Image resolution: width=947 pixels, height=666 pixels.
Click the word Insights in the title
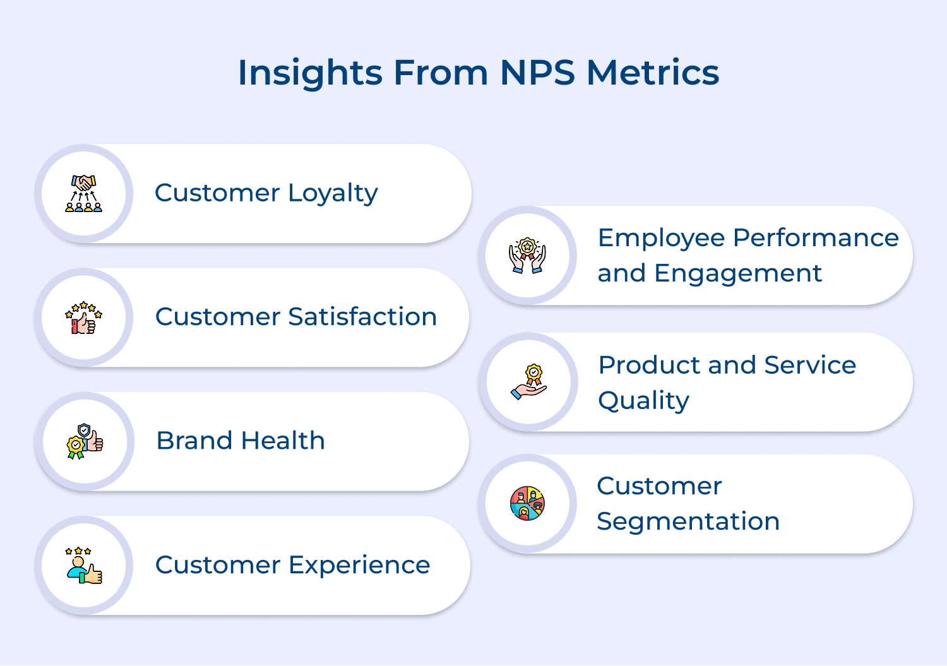tap(309, 73)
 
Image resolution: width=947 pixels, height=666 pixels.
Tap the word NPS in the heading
tap(537, 73)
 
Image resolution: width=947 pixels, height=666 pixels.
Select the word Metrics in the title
tap(653, 73)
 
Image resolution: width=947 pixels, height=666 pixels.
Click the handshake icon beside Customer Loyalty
tap(84, 193)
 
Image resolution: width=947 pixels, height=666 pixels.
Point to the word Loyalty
tap(333, 193)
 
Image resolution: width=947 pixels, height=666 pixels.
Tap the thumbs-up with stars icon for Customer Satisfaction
tap(84, 318)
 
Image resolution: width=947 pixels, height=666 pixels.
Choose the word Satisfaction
tap(362, 317)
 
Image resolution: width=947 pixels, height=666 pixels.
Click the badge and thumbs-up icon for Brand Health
tap(85, 441)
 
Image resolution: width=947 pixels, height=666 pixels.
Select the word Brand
tap(194, 441)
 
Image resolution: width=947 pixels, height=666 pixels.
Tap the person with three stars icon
tap(84, 565)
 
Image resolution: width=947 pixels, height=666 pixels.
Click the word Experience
tap(359, 565)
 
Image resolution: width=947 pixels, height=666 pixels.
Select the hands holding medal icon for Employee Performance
tap(527, 256)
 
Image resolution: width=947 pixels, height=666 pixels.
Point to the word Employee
tap(661, 239)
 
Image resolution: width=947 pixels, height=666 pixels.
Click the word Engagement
tap(738, 274)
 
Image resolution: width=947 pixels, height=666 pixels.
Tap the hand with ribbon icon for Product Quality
tap(529, 382)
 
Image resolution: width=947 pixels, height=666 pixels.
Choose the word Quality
tap(643, 401)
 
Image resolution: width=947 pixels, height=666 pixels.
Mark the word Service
tap(809, 365)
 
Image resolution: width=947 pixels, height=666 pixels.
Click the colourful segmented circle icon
tap(527, 504)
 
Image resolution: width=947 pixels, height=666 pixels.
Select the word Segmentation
tap(688, 521)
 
